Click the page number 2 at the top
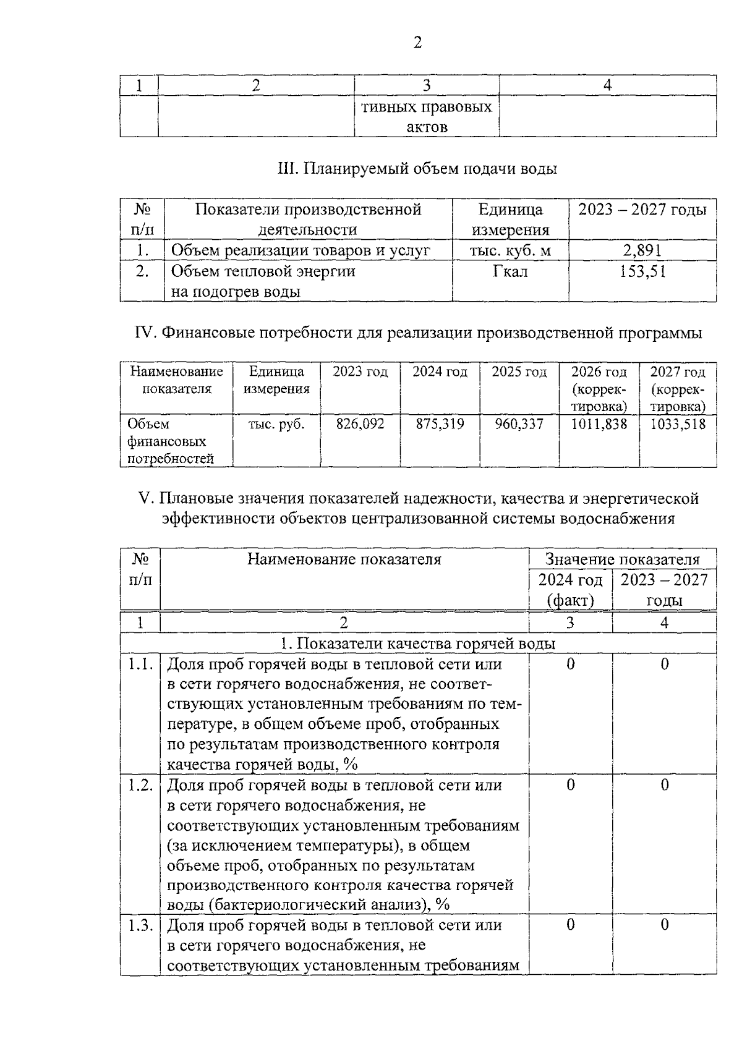point(417,43)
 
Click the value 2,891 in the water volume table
point(642,250)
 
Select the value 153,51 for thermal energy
point(642,271)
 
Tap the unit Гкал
point(510,271)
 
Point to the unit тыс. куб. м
point(510,250)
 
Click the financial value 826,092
point(360,424)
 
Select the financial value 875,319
point(440,424)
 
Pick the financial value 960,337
point(519,424)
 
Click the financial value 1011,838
point(599,424)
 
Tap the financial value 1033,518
point(678,424)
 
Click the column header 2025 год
point(519,372)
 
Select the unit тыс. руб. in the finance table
point(276,424)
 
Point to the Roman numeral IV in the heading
point(145,333)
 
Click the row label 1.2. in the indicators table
point(140,785)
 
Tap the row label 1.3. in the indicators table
point(140,925)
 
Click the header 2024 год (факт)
point(570,590)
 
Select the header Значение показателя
point(622,559)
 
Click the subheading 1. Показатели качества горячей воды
point(418,643)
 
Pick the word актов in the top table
point(427,127)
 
